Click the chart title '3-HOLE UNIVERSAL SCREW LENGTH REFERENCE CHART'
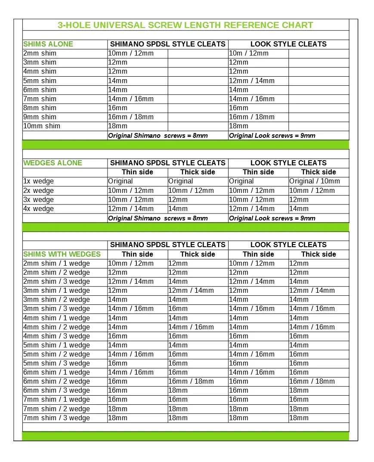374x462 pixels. click(185, 25)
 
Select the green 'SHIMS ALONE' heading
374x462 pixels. click(48, 44)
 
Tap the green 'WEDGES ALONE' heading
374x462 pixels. click(53, 163)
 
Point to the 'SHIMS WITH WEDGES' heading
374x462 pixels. click(62, 254)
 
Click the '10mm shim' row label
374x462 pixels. click(42, 126)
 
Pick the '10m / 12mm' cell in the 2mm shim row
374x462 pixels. click(249, 53)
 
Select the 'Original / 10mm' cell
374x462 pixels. click(315, 181)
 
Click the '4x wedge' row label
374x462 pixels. click(39, 209)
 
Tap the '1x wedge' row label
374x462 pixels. click(39, 181)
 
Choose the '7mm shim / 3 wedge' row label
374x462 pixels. click(57, 418)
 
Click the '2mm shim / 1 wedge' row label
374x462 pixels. click(57, 264)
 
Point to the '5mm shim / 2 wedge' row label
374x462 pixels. click(57, 354)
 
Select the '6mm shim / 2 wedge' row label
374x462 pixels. click(57, 381)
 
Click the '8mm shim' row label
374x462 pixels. click(40, 108)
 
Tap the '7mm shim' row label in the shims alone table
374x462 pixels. click(40, 99)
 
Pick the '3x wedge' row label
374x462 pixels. click(39, 200)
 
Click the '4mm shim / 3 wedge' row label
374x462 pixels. click(57, 336)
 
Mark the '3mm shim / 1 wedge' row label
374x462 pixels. click(57, 291)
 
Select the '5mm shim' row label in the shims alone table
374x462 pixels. click(40, 81)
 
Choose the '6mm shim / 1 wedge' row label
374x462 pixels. click(57, 372)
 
